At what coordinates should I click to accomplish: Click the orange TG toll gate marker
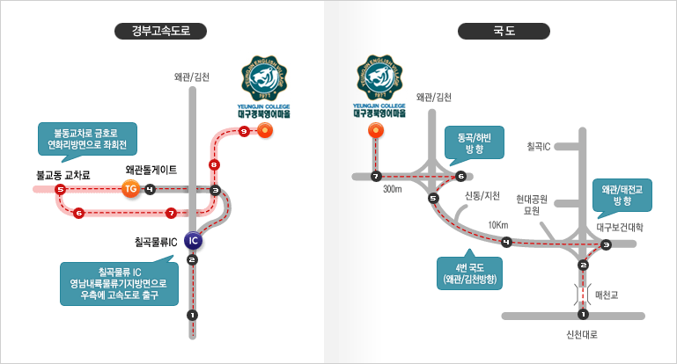click(130, 189)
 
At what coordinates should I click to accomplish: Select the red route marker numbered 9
click(243, 131)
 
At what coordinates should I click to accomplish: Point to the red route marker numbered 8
click(214, 165)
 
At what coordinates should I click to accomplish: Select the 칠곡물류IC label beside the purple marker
click(156, 239)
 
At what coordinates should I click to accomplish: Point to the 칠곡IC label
click(539, 145)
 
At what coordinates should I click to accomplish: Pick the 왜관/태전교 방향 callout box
click(622, 196)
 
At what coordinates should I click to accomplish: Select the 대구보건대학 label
click(621, 227)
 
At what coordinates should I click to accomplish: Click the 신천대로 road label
click(583, 335)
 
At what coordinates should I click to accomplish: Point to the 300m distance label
click(393, 189)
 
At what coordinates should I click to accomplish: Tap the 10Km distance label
click(498, 225)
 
